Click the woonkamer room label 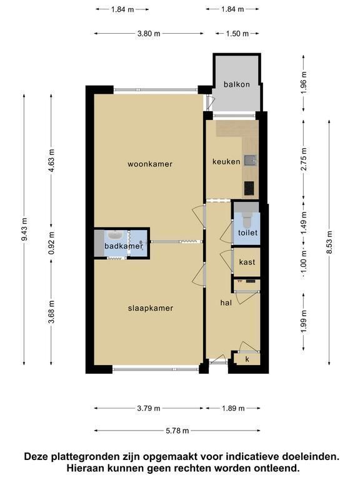[x=150, y=164]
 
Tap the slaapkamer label [x=151, y=308]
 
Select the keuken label [x=226, y=161]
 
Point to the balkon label [x=237, y=84]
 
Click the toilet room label [x=247, y=232]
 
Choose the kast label [x=247, y=262]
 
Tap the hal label [x=226, y=302]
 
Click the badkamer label [x=124, y=246]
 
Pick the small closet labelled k [x=247, y=359]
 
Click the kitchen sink [x=250, y=160]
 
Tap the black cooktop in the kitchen [x=249, y=188]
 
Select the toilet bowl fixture [x=246, y=221]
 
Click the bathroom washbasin [x=115, y=235]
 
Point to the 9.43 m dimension [x=24, y=229]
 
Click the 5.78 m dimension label [x=177, y=431]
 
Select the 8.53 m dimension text [x=329, y=242]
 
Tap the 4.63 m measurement [x=51, y=161]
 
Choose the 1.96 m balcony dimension [x=303, y=82]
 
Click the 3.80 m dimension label [x=149, y=33]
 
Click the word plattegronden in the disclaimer [x=77, y=457]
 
